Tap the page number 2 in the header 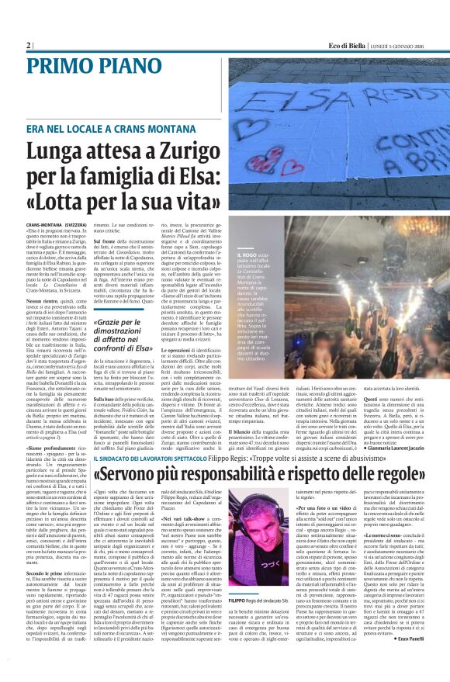point(28,46)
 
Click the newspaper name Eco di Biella point(346,46)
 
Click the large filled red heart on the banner point(292,166)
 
